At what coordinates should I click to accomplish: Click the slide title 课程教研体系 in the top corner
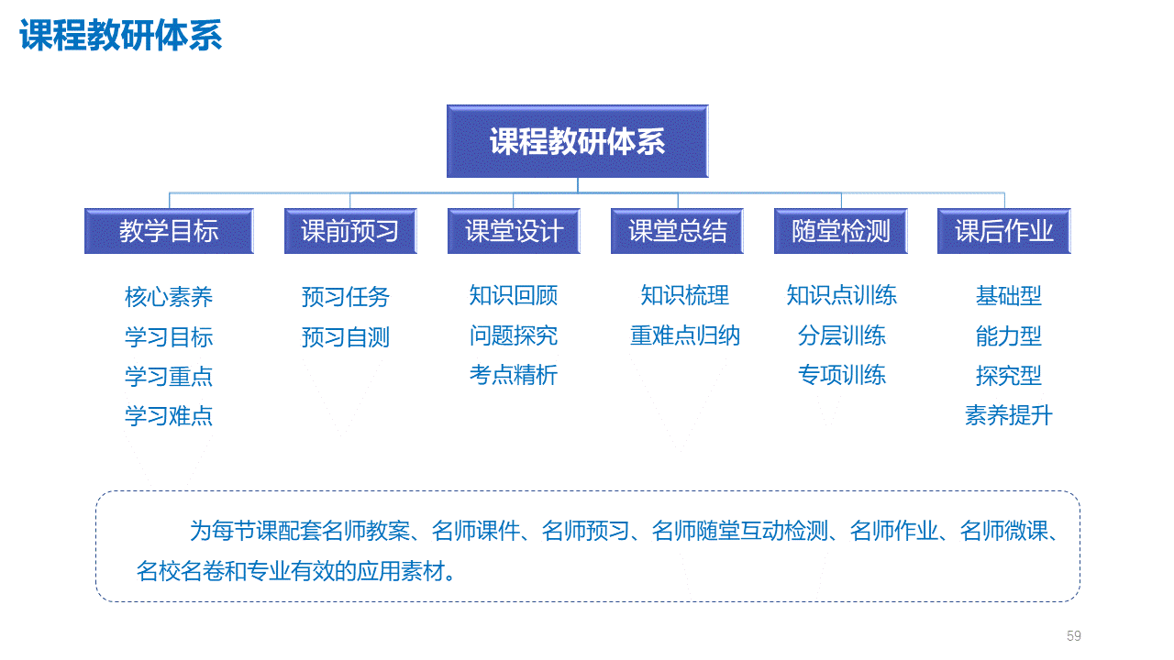tap(120, 35)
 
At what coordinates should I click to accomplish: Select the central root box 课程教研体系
tap(578, 141)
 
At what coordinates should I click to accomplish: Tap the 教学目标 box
tap(169, 231)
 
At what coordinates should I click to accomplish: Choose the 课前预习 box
tap(350, 231)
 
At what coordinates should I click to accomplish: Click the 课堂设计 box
tap(514, 231)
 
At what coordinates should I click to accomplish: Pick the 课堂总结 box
tap(677, 231)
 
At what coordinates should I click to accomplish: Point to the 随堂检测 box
tap(841, 231)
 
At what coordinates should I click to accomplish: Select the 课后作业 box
tap(1004, 231)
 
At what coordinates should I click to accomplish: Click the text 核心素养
tap(169, 296)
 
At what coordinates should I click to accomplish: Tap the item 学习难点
tap(169, 416)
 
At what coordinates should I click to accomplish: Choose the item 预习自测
tap(346, 336)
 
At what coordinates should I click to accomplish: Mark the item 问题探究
tap(514, 335)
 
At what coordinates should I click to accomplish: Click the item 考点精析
tap(514, 375)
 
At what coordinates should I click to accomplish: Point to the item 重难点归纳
tap(684, 335)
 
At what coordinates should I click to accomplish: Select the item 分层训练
tap(842, 335)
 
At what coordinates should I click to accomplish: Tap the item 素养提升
tap(1009, 415)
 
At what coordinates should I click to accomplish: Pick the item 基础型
tap(1009, 296)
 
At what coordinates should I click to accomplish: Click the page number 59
tap(1073, 636)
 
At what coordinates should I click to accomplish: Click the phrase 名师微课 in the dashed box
tap(1003, 531)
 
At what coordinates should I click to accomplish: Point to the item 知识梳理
tap(684, 295)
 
